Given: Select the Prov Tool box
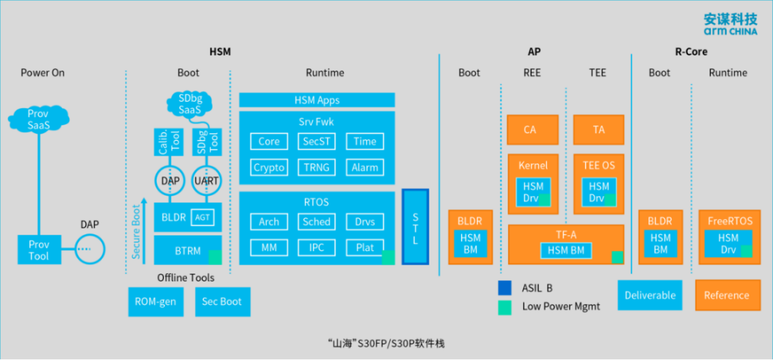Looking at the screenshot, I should coord(39,250).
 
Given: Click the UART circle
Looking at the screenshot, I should coord(208,181).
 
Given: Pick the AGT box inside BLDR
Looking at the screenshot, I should coord(203,217).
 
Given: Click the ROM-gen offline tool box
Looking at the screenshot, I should coord(155,301).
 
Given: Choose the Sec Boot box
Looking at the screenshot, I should coord(222,301).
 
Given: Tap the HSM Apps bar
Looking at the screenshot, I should coord(316,100).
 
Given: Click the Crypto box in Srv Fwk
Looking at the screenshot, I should coord(269,167).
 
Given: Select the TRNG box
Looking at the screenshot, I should coord(316,167).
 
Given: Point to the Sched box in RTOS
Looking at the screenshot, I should coord(316,222).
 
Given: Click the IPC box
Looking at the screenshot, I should coord(316,248).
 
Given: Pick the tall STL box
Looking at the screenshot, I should coord(415,227).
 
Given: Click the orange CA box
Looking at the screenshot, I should coord(530,130).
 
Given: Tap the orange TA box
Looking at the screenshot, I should coord(598,130).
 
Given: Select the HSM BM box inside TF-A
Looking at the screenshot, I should coord(567,250).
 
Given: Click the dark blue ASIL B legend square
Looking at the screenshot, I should coord(505,288).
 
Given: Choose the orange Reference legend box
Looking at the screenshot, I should coord(726,295).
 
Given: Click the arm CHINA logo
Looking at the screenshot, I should coord(724,24).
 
